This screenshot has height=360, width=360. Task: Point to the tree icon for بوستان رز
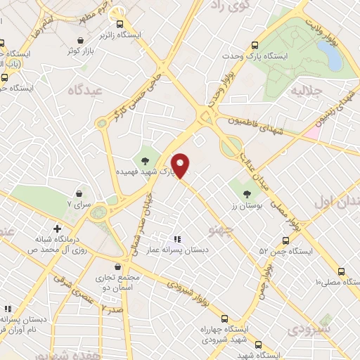click(x=246, y=193)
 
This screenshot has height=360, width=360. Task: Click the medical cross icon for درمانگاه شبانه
click(x=57, y=229)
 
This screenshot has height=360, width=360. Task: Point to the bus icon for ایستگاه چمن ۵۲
click(x=285, y=240)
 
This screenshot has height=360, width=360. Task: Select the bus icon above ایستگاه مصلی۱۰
click(x=341, y=271)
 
